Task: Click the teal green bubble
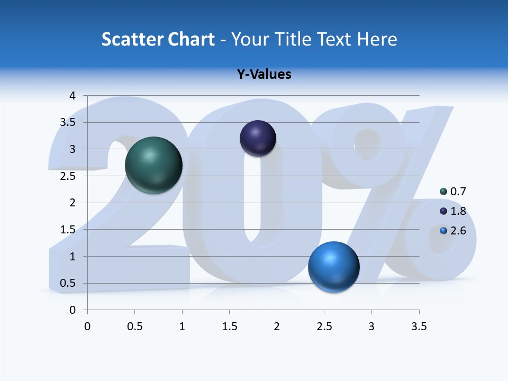click(x=154, y=165)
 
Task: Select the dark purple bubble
click(x=258, y=138)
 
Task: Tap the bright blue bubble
click(x=333, y=267)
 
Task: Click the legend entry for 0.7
click(x=453, y=192)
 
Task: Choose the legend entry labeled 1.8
click(x=453, y=211)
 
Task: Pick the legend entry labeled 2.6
click(x=453, y=231)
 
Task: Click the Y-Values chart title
click(x=264, y=74)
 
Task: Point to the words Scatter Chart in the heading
click(x=158, y=39)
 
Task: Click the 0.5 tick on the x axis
click(x=134, y=326)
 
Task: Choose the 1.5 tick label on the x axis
click(x=229, y=326)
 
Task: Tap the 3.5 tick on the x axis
click(x=419, y=326)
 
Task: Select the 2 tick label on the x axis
click(x=277, y=326)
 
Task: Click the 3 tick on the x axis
click(x=371, y=326)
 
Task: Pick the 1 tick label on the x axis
click(x=182, y=326)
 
